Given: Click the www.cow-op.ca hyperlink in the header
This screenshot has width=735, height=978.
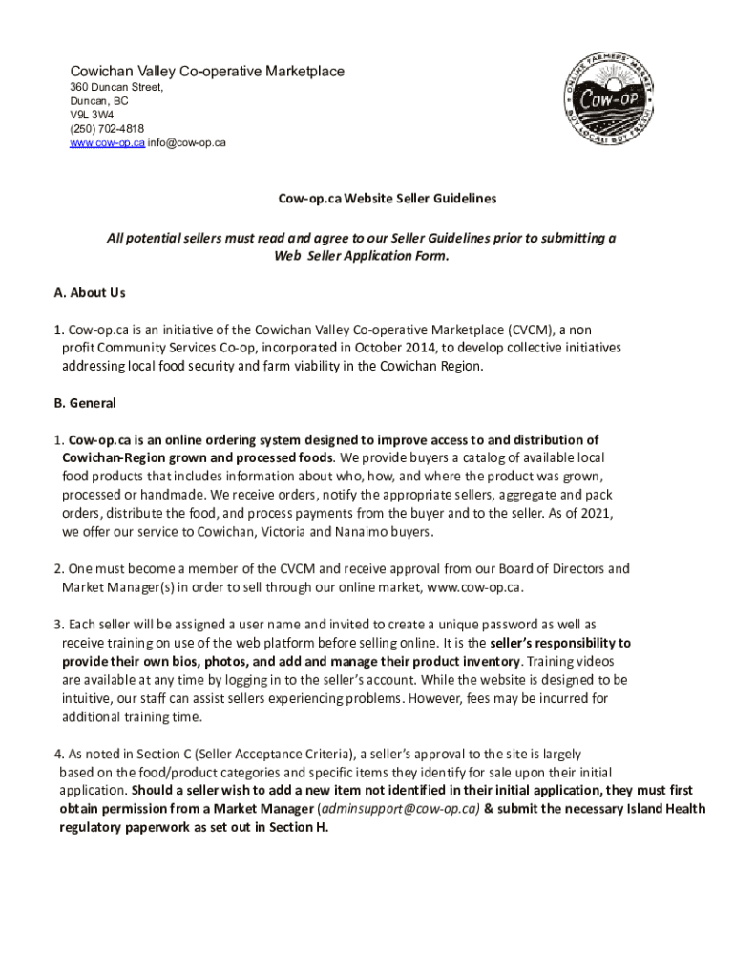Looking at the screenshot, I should point(107,143).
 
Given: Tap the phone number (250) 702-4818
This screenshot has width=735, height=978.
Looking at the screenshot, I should point(107,129).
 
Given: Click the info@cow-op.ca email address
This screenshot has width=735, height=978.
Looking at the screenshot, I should point(187,143).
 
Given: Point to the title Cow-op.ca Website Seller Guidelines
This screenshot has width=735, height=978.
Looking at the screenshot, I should point(388,199).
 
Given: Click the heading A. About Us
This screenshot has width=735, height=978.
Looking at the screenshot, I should point(90,292).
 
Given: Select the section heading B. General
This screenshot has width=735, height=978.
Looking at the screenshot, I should point(85,403).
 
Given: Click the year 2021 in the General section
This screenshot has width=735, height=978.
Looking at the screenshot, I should point(594,513).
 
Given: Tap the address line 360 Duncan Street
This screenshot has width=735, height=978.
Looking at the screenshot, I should point(116,87).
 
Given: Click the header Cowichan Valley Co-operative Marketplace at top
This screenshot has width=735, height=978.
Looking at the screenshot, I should point(207,72).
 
